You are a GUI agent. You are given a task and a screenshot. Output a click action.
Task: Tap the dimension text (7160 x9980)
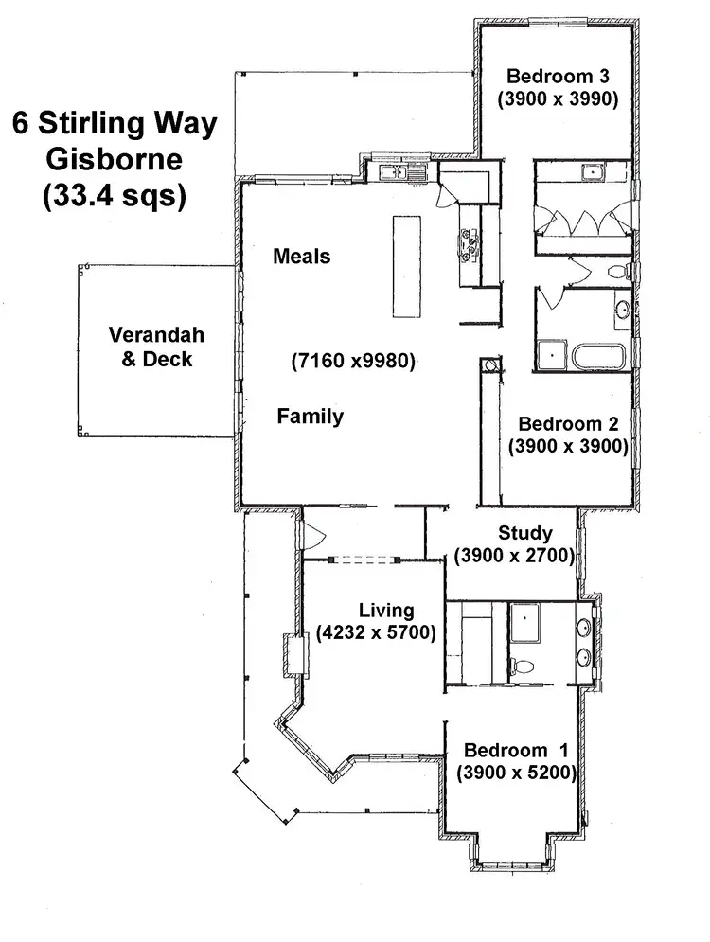click(353, 362)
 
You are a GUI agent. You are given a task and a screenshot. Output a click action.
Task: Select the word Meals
click(301, 256)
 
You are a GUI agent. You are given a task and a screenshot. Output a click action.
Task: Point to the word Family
click(310, 417)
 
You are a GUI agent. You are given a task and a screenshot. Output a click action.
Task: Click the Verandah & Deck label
click(156, 347)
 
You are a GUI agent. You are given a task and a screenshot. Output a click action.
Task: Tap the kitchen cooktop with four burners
click(469, 243)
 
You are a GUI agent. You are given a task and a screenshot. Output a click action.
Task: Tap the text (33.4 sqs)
click(114, 196)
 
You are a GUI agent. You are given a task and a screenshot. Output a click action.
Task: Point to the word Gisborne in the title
click(114, 160)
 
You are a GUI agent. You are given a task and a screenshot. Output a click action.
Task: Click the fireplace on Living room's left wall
click(292, 652)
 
